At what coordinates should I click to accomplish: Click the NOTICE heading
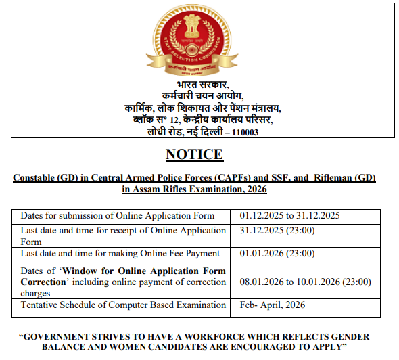click(x=194, y=155)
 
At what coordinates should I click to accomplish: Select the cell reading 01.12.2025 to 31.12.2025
click(x=289, y=216)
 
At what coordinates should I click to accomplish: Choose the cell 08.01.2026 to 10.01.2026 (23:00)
click(x=305, y=282)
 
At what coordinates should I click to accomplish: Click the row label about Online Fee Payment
click(x=120, y=254)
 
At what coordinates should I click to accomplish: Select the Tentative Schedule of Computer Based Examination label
click(x=123, y=305)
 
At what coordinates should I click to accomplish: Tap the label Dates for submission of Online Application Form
click(x=117, y=216)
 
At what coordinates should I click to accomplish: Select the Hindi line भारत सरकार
click(x=199, y=85)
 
